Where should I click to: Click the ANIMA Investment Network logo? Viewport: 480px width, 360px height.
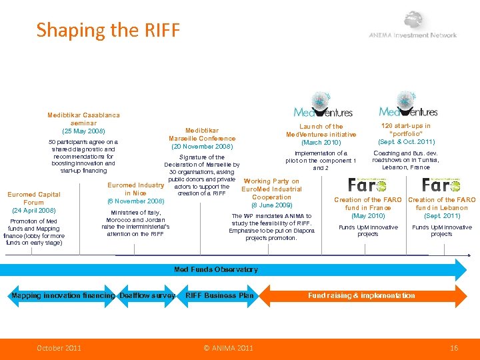click(x=414, y=27)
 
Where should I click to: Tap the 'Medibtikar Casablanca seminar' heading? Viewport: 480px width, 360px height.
click(x=83, y=119)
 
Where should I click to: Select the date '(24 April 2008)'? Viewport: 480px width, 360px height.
click(x=33, y=211)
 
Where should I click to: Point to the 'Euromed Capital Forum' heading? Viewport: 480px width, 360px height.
click(x=33, y=199)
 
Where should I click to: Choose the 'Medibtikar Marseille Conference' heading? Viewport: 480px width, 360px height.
click(x=201, y=134)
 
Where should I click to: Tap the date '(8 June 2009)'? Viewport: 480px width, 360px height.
click(x=271, y=205)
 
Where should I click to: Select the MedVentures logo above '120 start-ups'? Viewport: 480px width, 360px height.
click(x=408, y=105)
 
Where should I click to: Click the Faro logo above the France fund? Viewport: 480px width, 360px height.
click(x=367, y=185)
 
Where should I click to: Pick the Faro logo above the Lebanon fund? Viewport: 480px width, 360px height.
click(x=441, y=185)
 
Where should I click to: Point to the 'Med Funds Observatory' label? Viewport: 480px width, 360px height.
click(x=215, y=269)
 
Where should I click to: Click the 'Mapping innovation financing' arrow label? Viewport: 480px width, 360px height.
click(x=63, y=295)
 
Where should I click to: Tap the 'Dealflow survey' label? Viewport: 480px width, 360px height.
click(x=147, y=295)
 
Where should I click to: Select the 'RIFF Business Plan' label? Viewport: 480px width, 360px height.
click(x=219, y=295)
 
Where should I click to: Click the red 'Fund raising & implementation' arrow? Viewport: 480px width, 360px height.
click(x=361, y=295)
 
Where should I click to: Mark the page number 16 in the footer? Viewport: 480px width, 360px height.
click(x=455, y=348)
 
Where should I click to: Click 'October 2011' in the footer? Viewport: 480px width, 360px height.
click(x=59, y=348)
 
